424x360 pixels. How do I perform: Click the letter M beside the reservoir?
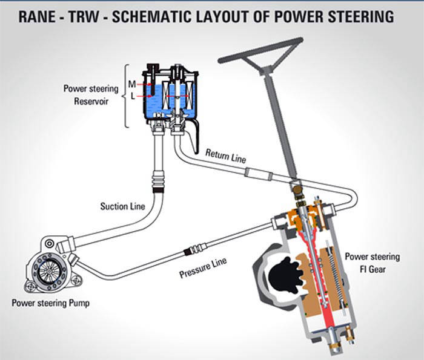coord(132,83)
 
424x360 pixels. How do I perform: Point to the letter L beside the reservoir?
coord(132,96)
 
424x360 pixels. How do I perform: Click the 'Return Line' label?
coord(225,157)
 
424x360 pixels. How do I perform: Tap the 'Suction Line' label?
coord(122,206)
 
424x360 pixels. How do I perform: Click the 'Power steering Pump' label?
coord(54,303)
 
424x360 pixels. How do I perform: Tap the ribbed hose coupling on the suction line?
coord(159,178)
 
